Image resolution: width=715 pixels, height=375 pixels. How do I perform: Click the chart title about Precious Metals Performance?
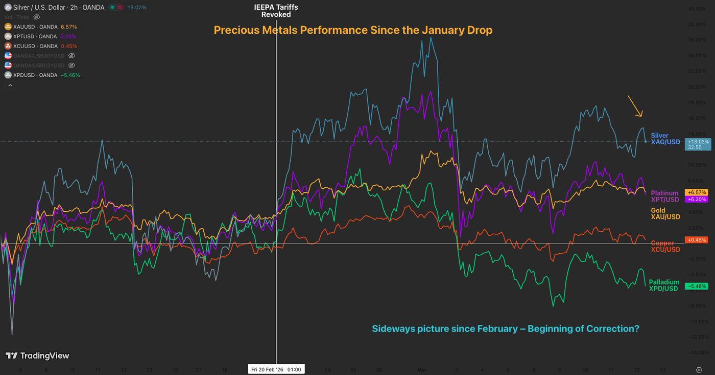(x=353, y=30)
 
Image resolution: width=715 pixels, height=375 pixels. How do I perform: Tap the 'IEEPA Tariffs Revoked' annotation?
(x=276, y=11)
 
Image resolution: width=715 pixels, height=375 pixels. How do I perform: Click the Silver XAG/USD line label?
(x=665, y=139)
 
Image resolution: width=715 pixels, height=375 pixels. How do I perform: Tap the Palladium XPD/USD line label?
(x=664, y=285)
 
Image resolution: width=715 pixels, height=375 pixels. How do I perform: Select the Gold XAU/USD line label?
(x=665, y=214)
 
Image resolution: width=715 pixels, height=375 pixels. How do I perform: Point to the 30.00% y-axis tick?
(x=697, y=9)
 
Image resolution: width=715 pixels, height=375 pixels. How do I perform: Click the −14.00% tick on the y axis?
(x=697, y=353)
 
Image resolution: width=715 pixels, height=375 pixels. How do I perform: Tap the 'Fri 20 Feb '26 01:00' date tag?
(x=276, y=369)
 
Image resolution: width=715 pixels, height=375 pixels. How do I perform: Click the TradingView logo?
(x=37, y=356)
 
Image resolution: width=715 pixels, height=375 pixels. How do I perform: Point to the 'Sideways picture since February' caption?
(x=505, y=328)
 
